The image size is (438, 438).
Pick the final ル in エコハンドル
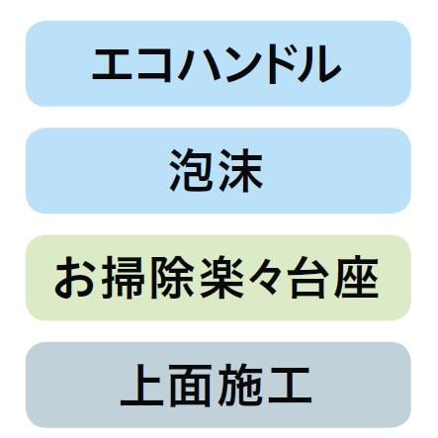[318, 64]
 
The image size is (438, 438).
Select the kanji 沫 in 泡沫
[240, 171]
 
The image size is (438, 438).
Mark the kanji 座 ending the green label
[356, 278]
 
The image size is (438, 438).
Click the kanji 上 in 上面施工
[142, 386]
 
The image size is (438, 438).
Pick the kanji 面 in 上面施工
[191, 386]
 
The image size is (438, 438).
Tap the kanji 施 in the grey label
[239, 386]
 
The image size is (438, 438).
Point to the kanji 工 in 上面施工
[290, 386]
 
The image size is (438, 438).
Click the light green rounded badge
[219, 278]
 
